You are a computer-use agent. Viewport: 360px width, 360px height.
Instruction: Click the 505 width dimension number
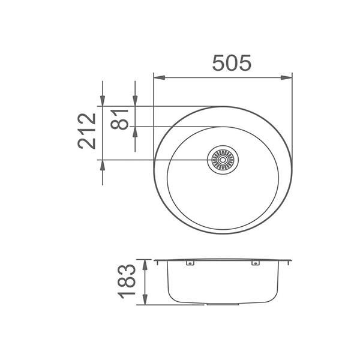coord(231,63)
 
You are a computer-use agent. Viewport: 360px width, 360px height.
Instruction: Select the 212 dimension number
coord(87,130)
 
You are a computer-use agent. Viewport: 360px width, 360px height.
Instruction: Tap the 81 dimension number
coord(122,119)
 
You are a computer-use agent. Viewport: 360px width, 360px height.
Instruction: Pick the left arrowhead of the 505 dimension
coord(157,77)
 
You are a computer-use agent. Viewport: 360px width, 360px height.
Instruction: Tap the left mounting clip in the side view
coord(190,263)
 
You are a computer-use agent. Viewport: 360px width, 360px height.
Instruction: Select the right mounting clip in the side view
coord(256,263)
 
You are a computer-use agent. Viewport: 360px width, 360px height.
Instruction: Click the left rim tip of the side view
coord(155,261)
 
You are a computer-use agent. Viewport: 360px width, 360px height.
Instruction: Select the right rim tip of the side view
coord(292,261)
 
